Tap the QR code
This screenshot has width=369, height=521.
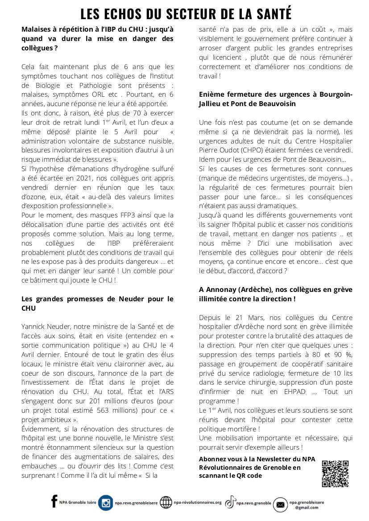click(335, 473)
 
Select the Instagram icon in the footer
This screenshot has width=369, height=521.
click(106, 503)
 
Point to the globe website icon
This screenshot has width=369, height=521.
click(166, 503)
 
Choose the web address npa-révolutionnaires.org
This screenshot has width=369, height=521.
click(198, 502)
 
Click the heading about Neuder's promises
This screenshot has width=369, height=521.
click(97, 303)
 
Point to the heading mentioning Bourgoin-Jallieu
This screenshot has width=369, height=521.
click(276, 99)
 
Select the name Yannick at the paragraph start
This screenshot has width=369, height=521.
click(35, 327)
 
